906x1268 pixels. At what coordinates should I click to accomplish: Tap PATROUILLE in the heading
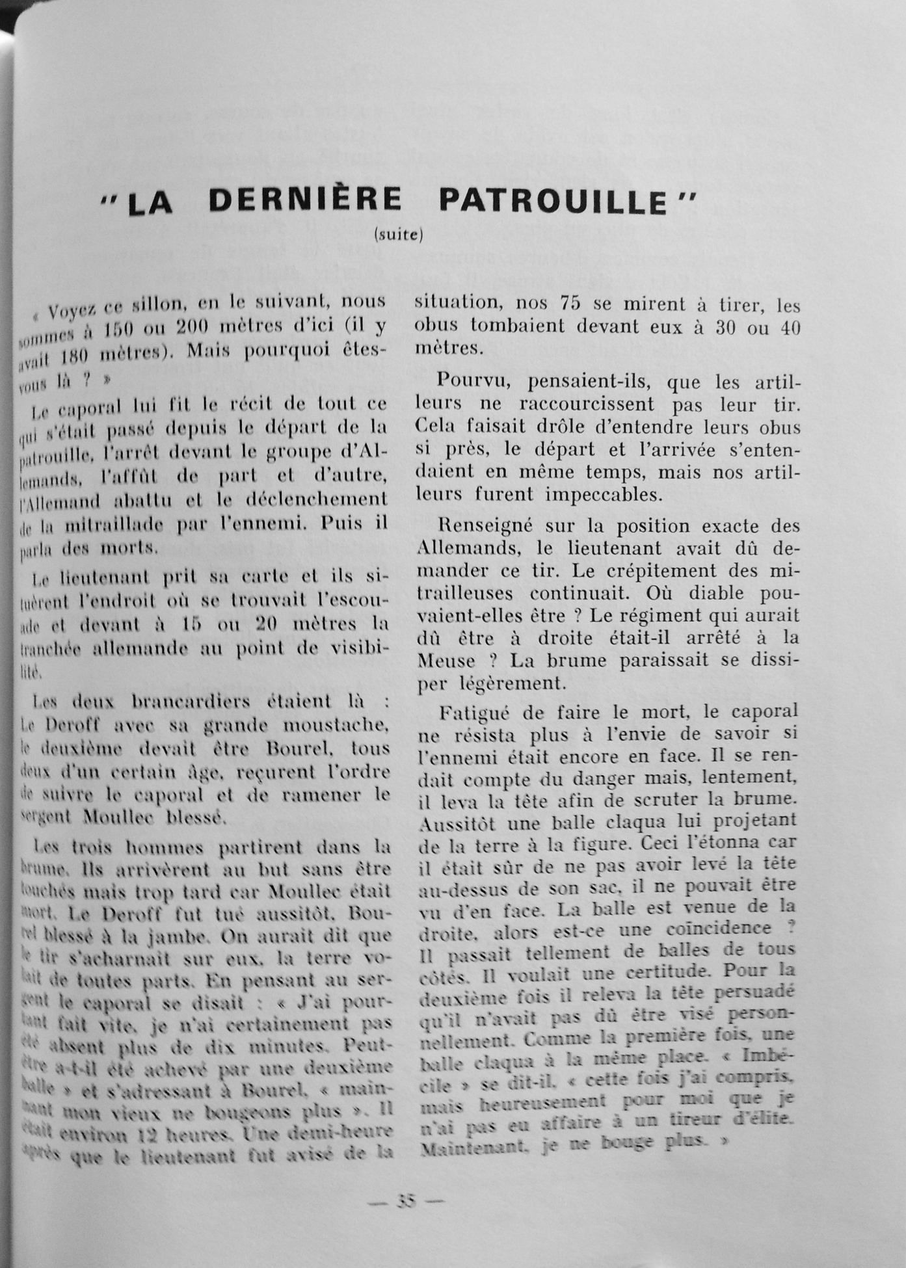pos(553,200)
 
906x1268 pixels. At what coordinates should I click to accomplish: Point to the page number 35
pos(406,1201)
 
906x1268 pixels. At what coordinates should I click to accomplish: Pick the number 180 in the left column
pos(67,355)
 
